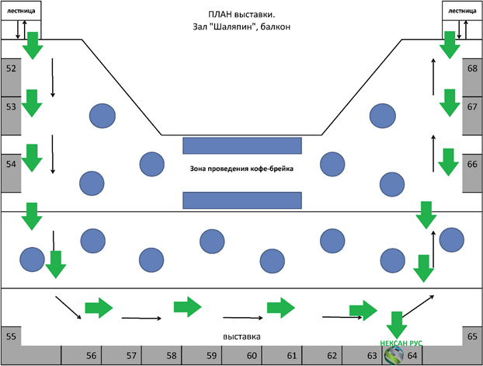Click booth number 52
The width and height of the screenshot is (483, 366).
pyautogui.click(x=11, y=68)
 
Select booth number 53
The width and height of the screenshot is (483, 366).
pyautogui.click(x=11, y=107)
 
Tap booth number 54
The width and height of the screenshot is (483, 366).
pyautogui.click(x=11, y=164)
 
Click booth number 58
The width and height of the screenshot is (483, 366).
pyautogui.click(x=172, y=355)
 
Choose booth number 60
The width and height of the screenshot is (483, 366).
pyautogui.click(x=252, y=355)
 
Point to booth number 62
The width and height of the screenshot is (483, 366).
pyautogui.click(x=332, y=355)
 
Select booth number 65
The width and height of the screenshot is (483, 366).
pyautogui.click(x=472, y=337)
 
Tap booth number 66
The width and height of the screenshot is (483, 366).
pyautogui.click(x=472, y=164)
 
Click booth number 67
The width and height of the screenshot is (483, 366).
pyautogui.click(x=472, y=107)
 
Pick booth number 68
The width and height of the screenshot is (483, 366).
pyautogui.click(x=472, y=68)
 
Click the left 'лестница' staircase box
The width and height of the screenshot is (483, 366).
pyautogui.click(x=21, y=12)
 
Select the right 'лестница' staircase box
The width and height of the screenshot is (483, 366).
pyautogui.click(x=462, y=12)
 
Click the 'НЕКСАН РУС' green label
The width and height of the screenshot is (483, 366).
pyautogui.click(x=401, y=342)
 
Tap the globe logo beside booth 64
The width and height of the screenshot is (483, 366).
pyautogui.click(x=395, y=355)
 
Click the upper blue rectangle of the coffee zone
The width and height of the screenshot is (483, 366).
pyautogui.click(x=241, y=145)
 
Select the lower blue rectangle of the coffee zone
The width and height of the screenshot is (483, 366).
pyautogui.click(x=241, y=200)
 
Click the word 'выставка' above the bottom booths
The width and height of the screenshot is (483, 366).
pyautogui.click(x=241, y=336)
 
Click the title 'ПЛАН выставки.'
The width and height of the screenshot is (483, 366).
pyautogui.click(x=241, y=14)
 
